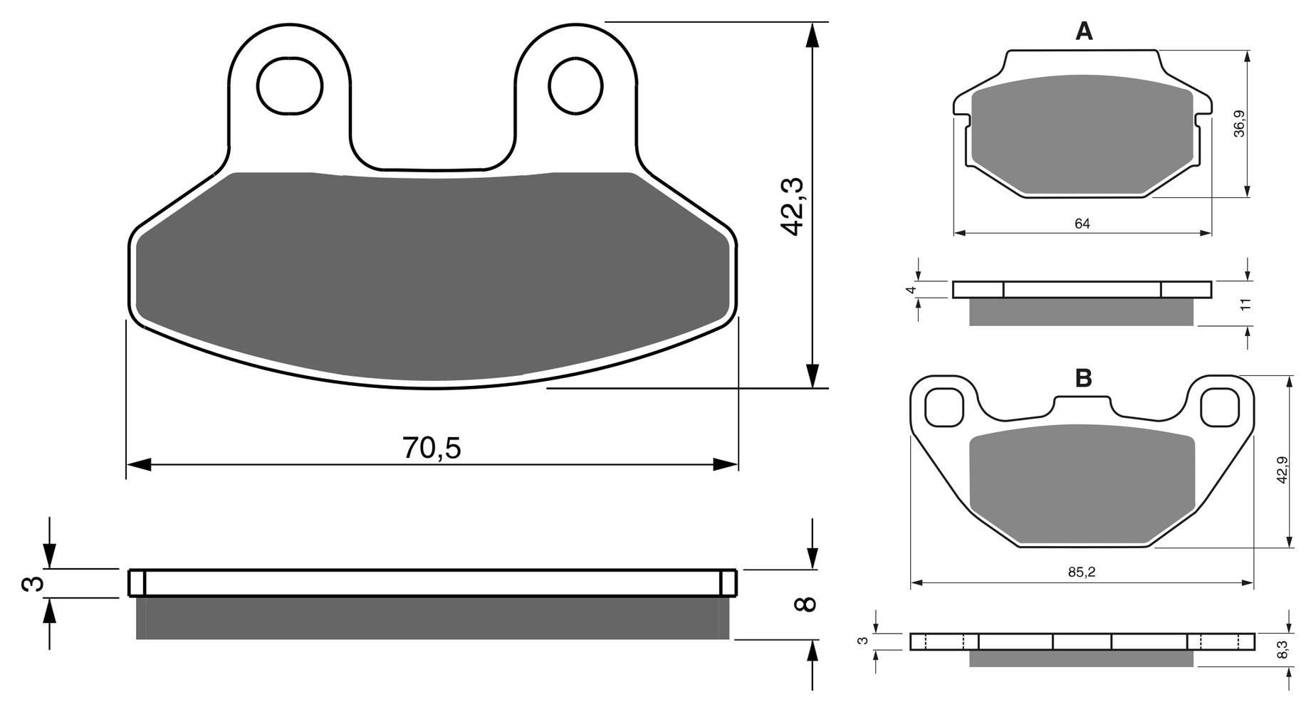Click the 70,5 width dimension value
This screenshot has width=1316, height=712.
432,448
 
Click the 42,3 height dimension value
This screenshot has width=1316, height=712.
792,206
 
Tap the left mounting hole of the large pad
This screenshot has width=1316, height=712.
290,86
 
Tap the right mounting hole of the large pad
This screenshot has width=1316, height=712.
575,86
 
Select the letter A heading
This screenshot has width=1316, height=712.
1083,31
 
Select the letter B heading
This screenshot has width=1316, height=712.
1083,378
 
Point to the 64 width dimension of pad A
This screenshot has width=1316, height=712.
1082,224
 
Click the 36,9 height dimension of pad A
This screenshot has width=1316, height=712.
1239,122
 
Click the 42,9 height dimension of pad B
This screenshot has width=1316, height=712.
1282,470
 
